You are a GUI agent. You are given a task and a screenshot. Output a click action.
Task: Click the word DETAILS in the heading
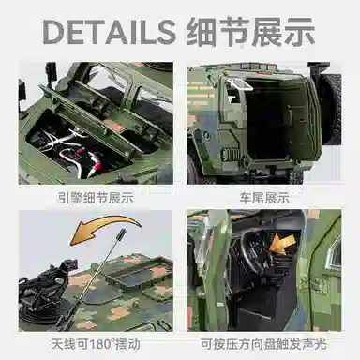[x=109, y=31]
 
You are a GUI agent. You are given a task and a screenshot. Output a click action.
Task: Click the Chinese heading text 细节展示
[x=250, y=31]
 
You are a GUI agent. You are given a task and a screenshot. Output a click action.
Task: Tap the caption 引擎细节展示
[x=96, y=198]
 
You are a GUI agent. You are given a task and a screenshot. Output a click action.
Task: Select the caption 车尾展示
[x=264, y=198]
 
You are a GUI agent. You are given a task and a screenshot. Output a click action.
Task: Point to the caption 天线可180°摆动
[x=96, y=344]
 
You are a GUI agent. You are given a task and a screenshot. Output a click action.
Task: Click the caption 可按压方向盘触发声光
[x=263, y=344]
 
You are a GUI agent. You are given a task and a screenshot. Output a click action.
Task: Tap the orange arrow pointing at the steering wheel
[x=281, y=245]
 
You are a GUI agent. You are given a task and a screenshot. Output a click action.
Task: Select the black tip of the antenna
[x=121, y=233]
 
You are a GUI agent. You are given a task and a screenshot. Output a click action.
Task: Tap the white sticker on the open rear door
[x=240, y=83]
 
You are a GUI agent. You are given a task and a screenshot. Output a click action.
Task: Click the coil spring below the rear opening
[x=231, y=155]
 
